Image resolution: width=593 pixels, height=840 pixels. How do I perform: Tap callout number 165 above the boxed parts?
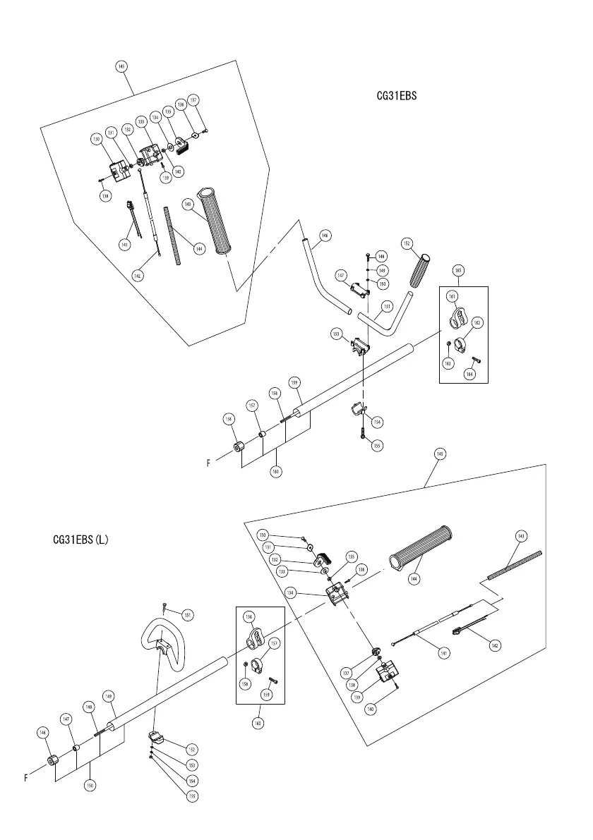[x=458, y=271]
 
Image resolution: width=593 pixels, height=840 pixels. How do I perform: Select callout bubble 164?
[x=469, y=374]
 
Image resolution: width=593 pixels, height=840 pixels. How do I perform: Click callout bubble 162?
[x=477, y=322]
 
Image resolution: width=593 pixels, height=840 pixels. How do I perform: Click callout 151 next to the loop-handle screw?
[x=187, y=614]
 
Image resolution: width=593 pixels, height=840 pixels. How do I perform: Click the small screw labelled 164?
[x=475, y=360]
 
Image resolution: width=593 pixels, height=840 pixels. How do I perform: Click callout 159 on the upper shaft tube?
[x=295, y=382]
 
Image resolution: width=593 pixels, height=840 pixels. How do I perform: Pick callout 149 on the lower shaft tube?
[x=108, y=695]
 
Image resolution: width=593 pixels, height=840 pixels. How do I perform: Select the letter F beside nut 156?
[x=209, y=463]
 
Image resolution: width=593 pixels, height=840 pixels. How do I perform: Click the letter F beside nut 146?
[x=26, y=778]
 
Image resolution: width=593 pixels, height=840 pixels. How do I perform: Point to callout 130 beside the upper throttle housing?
[x=96, y=140]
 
